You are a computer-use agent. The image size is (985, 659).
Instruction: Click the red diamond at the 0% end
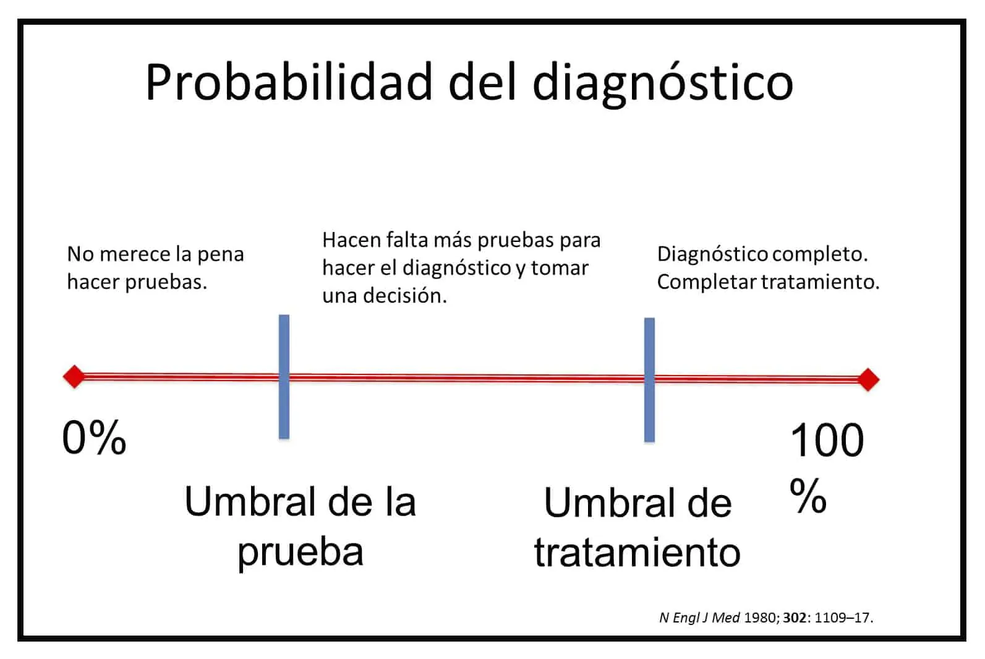(74, 377)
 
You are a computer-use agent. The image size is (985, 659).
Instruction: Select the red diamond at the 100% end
(868, 380)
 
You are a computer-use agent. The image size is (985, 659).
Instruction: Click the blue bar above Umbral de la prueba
(284, 377)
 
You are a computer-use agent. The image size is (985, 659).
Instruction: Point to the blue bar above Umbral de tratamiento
(649, 380)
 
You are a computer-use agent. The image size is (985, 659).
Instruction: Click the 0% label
(94, 437)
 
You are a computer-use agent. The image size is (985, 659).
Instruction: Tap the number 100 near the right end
(827, 441)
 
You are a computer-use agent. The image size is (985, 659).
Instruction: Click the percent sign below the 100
(808, 496)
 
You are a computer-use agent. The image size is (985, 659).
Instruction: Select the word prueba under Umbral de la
(301, 552)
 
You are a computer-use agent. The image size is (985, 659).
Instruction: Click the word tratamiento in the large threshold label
(637, 552)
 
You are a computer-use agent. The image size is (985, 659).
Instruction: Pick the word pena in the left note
(220, 255)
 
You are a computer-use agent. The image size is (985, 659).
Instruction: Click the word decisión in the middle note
(404, 296)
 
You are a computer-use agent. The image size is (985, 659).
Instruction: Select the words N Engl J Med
(699, 618)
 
